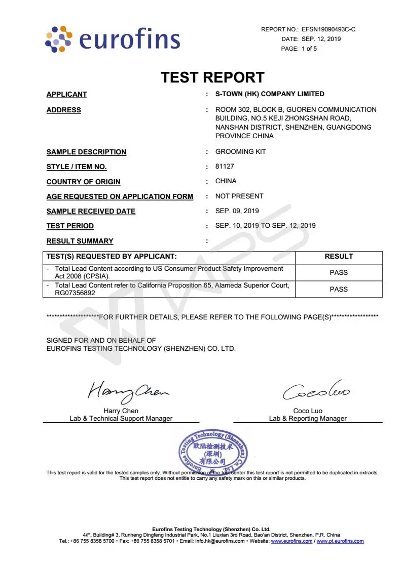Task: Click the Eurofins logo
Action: (112, 39)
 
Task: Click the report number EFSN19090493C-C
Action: (328, 29)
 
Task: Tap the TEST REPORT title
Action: (212, 77)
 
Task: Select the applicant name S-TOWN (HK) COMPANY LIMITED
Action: (270, 94)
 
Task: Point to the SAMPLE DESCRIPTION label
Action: (86, 152)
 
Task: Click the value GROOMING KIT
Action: (240, 152)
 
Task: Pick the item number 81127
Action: (225, 167)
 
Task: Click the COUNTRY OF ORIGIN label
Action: (83, 182)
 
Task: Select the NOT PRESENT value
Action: (239, 196)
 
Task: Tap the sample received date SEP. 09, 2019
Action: (237, 211)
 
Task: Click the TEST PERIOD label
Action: (70, 226)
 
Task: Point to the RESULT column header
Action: (339, 257)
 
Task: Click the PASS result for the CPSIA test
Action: (339, 272)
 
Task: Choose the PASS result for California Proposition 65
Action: (339, 289)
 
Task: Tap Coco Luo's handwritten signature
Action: (315, 391)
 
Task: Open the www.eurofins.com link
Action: (291, 541)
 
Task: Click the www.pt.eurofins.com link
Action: (340, 541)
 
